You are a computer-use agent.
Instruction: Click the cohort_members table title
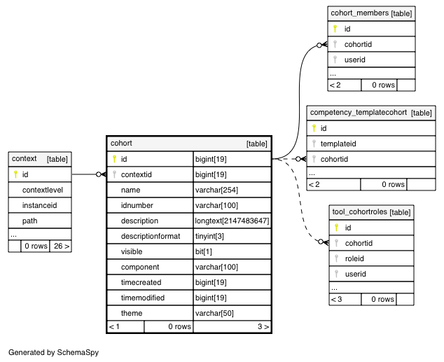[x=360, y=13]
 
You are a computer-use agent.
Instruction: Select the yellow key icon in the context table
[x=15, y=174]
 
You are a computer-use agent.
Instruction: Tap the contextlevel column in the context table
[x=43, y=190]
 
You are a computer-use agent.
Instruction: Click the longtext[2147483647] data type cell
[x=232, y=221]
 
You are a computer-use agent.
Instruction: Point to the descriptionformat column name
[x=151, y=236]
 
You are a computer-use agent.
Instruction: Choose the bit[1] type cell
[x=203, y=251]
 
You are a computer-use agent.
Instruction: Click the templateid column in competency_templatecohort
[x=338, y=144]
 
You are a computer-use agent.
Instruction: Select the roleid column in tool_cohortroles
[x=354, y=258]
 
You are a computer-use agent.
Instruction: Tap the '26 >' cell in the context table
[x=62, y=246]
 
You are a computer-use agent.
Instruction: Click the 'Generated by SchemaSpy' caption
[x=53, y=352]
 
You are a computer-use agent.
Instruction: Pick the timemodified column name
[x=143, y=298]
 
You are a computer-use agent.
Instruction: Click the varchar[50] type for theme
[x=214, y=313]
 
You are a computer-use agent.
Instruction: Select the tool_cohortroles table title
[x=360, y=211]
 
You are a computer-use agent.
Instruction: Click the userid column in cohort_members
[x=354, y=60]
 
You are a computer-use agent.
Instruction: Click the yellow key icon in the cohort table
[x=114, y=159]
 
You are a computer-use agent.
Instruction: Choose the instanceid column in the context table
[x=39, y=205]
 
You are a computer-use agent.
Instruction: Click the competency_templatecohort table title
[x=358, y=112]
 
